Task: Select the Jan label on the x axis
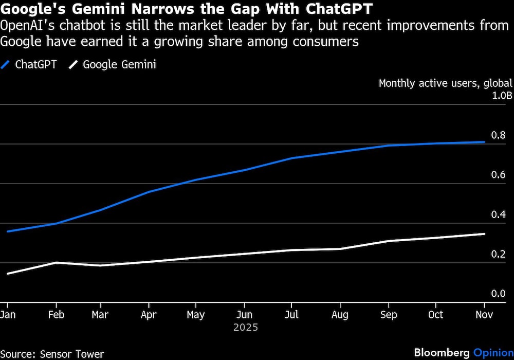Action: click(8, 315)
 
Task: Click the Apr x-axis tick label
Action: click(149, 315)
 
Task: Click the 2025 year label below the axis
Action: click(246, 327)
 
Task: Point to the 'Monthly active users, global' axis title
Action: click(445, 83)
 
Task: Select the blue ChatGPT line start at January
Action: click(8, 231)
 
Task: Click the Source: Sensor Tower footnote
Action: click(52, 354)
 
